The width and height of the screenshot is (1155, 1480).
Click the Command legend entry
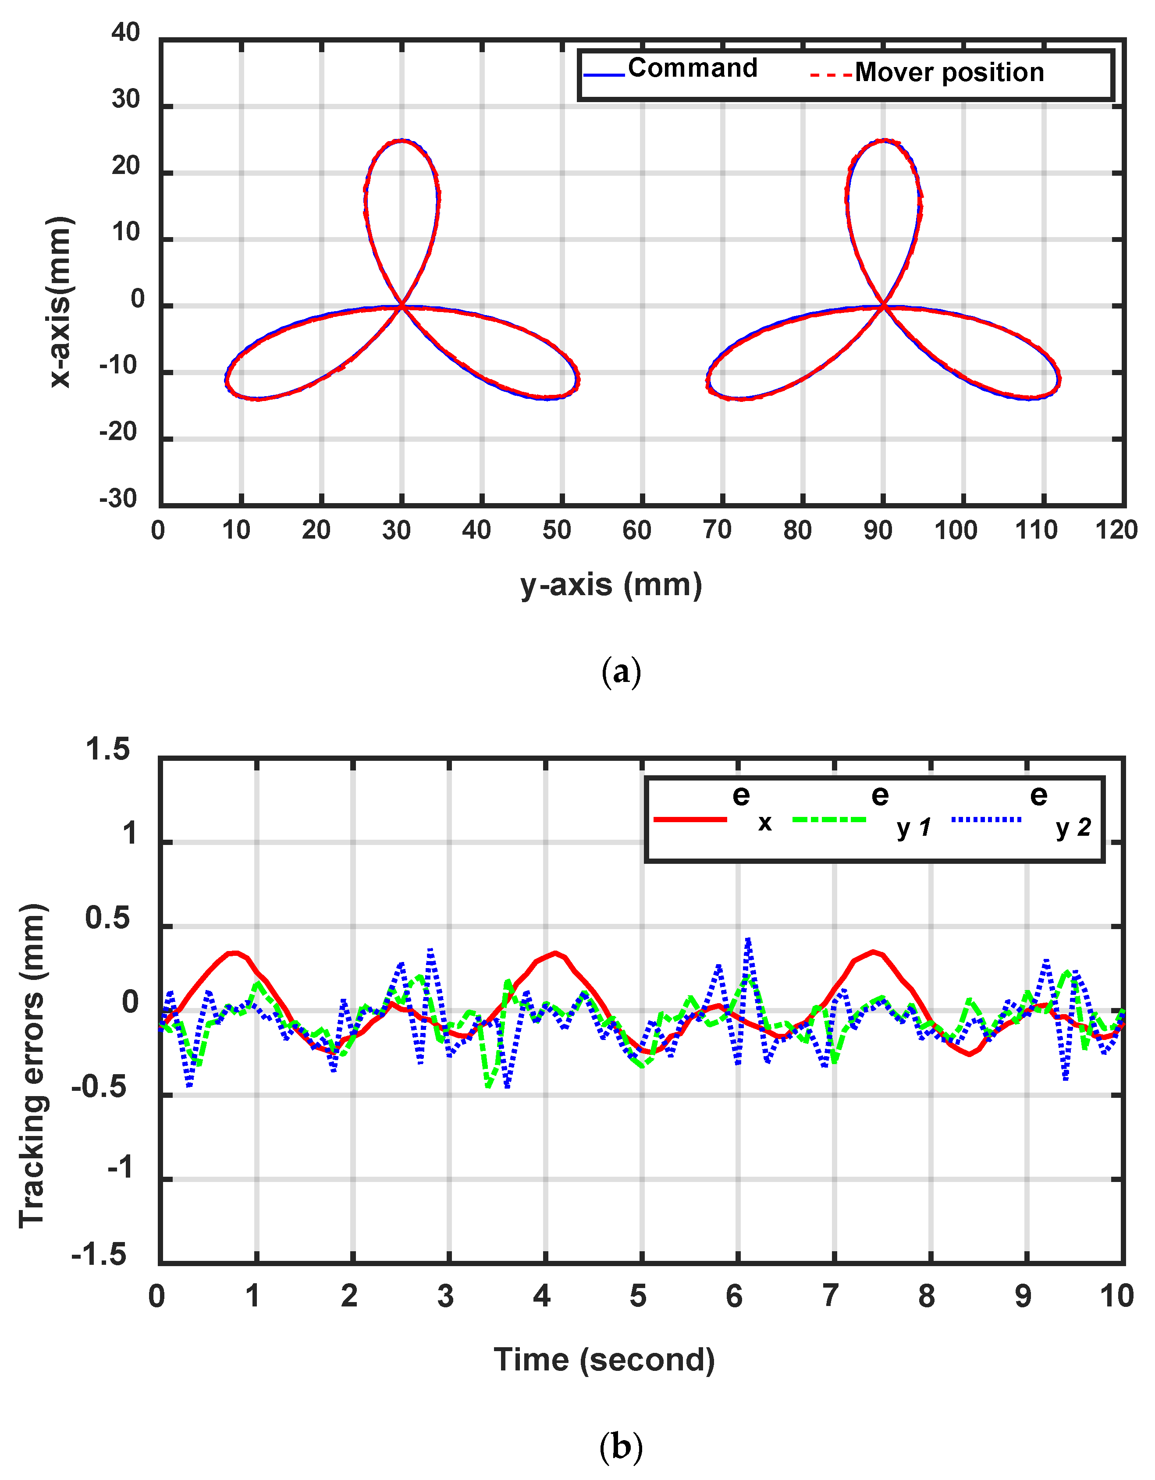pyautogui.click(x=691, y=68)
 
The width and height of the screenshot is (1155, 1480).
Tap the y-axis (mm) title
pyautogui.click(x=611, y=585)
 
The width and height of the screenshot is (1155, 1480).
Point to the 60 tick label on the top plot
pyautogui.click(x=637, y=531)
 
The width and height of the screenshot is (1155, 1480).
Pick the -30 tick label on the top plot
pyautogui.click(x=119, y=499)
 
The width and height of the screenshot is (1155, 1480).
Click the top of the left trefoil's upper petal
pyautogui.click(x=402, y=140)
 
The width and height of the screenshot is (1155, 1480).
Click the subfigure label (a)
pyautogui.click(x=620, y=672)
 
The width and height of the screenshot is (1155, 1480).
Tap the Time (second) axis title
pyautogui.click(x=604, y=1360)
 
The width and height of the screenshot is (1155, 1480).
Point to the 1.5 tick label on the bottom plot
pyautogui.click(x=107, y=750)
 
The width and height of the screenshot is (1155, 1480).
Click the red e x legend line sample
pyautogui.click(x=690, y=820)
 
